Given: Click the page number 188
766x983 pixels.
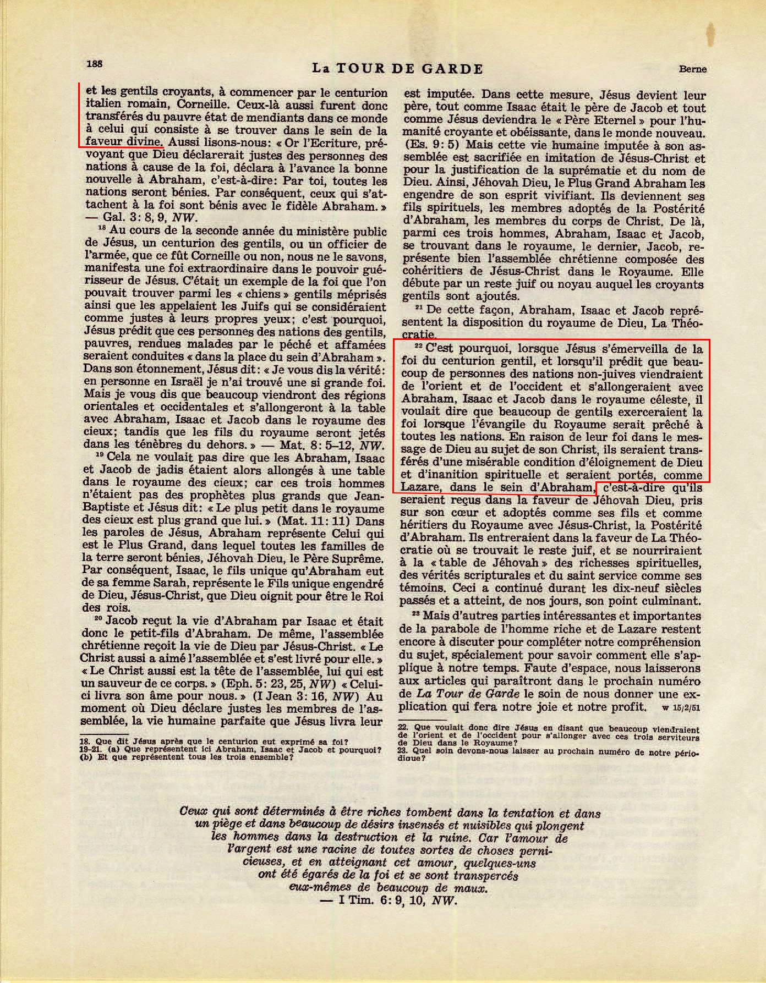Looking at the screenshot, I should [94, 64].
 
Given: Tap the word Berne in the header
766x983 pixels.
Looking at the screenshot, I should [693, 69].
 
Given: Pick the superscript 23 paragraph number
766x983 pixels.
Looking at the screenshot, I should [416, 614].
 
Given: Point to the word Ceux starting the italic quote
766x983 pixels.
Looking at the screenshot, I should [192, 812].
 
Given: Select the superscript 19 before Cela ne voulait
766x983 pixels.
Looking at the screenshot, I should [100, 455].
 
